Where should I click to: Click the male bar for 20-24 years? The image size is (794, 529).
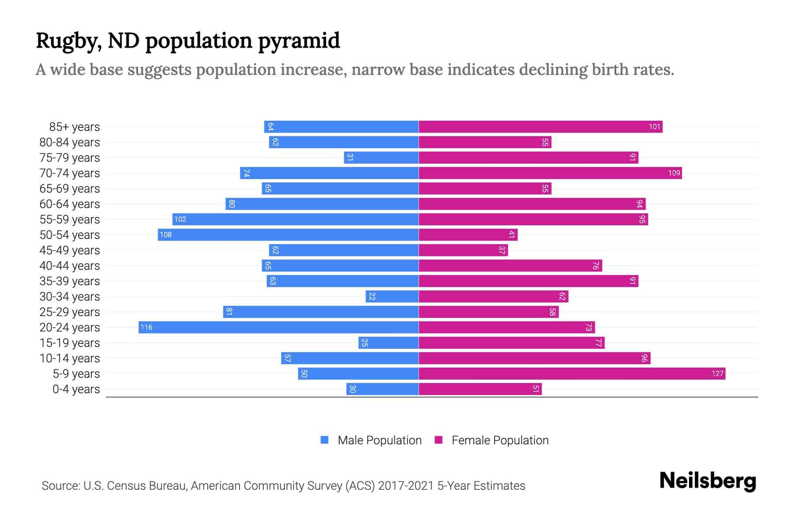tap(278, 327)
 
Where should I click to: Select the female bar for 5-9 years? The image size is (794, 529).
tap(572, 374)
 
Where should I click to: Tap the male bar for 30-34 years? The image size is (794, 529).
tap(392, 297)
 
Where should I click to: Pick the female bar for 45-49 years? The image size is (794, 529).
tap(463, 250)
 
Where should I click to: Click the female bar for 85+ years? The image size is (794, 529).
tap(540, 127)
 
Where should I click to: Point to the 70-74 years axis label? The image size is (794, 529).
tap(70, 173)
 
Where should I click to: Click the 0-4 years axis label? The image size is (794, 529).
tap(76, 389)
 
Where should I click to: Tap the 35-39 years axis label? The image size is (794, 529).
tap(70, 281)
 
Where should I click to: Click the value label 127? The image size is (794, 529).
tap(717, 374)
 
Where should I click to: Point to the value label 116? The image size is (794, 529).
tap(146, 328)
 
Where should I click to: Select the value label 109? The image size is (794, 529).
tap(674, 173)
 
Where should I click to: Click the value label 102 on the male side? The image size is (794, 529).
tap(180, 220)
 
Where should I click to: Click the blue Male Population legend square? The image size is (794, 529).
tap(325, 440)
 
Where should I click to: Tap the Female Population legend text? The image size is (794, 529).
tap(500, 440)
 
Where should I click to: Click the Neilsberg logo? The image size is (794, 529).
tap(708, 481)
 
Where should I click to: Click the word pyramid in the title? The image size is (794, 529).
tap(299, 41)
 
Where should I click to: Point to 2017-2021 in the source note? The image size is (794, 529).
tap(406, 486)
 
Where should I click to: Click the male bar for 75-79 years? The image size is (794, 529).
tap(381, 158)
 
